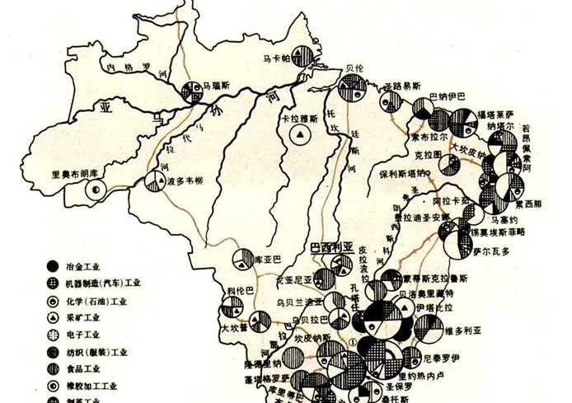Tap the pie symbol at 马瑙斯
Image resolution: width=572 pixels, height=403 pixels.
coord(195,91)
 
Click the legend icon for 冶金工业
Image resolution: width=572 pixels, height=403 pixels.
coord(53,266)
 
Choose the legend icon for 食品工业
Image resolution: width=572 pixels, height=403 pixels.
coord(53,368)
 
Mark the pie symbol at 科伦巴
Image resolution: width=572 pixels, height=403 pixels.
coord(231,312)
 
